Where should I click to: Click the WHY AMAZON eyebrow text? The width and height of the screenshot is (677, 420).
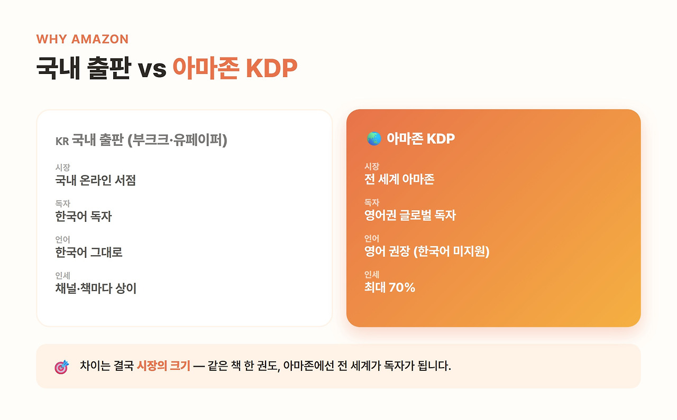[x=83, y=39]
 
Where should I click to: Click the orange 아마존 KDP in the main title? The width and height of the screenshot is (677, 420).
[x=235, y=68]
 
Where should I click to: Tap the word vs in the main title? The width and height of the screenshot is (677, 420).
[x=152, y=70]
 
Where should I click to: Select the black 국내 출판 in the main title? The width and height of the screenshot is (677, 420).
[x=84, y=68]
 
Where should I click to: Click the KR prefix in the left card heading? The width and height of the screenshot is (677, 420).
[x=62, y=141]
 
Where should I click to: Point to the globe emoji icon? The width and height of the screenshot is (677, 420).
[x=374, y=138]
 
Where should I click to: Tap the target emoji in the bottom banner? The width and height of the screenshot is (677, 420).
[x=62, y=367]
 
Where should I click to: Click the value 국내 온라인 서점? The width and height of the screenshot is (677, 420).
[x=96, y=180]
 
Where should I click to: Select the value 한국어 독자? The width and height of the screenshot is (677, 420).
[x=84, y=216]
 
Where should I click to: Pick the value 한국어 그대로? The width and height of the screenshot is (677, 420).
[x=89, y=252]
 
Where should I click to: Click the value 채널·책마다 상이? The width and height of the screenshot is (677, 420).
[x=96, y=288]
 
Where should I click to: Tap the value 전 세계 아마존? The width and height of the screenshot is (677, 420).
[x=399, y=179]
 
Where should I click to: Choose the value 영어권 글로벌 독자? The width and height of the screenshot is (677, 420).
[x=410, y=215]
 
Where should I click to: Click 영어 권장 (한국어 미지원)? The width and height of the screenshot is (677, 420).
[x=427, y=251]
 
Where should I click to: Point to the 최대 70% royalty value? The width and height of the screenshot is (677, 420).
[x=390, y=287]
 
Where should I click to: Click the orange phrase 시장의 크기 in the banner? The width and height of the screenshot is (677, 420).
[x=163, y=366]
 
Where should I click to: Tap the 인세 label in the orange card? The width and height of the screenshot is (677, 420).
[x=372, y=275]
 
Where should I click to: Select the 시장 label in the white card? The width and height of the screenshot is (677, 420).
[x=62, y=167]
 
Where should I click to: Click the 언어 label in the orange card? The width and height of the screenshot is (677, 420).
[x=372, y=239]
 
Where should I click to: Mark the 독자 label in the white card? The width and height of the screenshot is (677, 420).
[x=62, y=203]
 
